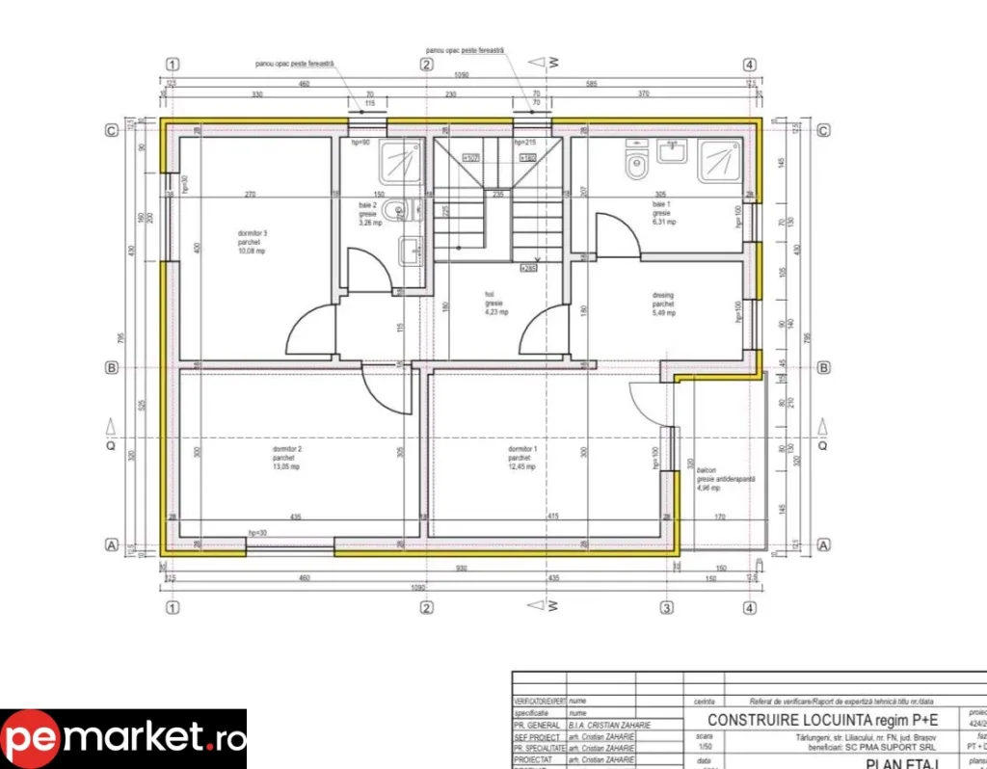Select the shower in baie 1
718,161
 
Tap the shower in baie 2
399,162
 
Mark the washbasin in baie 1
673,150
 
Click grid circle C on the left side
112,131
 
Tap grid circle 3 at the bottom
666,608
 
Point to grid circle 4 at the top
749,65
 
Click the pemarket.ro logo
123,739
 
